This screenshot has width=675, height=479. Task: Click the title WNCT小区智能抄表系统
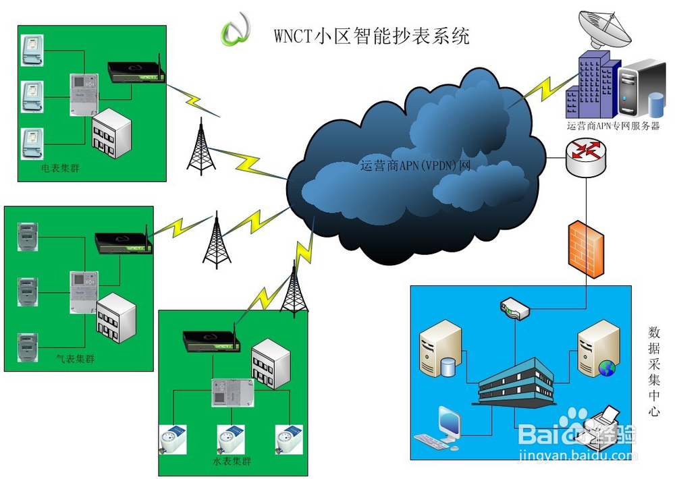tap(371, 35)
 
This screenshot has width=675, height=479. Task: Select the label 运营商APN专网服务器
tap(613, 126)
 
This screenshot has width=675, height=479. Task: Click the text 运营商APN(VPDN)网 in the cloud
tap(414, 164)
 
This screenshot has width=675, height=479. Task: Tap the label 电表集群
tap(60, 167)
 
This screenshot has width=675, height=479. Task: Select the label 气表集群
tap(76, 359)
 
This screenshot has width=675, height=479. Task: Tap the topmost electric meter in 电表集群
tap(31, 51)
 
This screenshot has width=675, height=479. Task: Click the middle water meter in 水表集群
tap(232, 439)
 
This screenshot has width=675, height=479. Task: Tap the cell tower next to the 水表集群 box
tap(293, 290)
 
